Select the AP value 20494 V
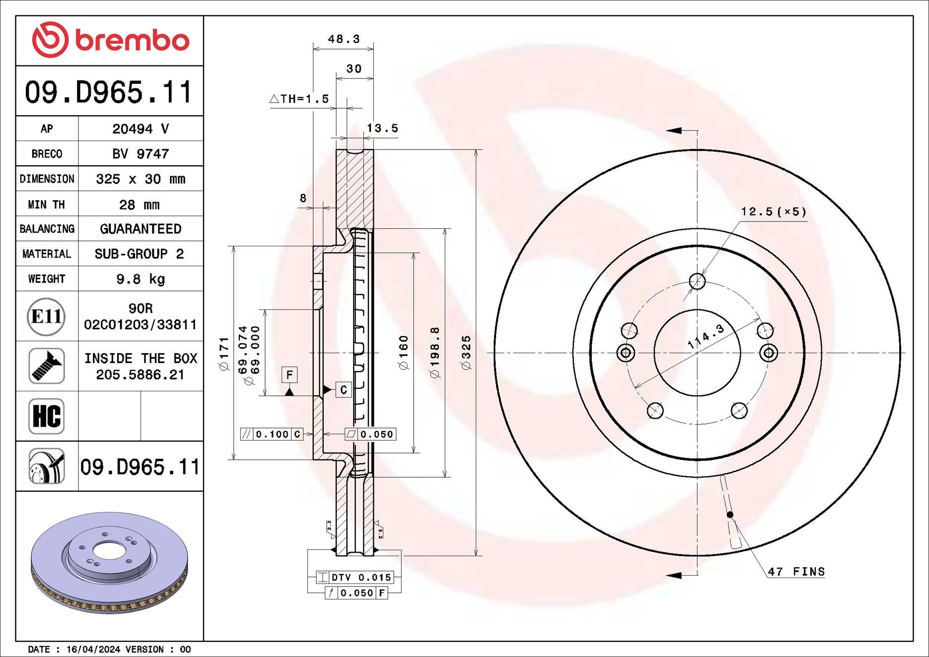click(141, 129)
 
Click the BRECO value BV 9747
click(141, 154)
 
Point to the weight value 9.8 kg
click(141, 279)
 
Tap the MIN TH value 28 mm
click(141, 205)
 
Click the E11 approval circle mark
click(46, 316)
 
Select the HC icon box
click(46, 416)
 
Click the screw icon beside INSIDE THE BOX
click(46, 366)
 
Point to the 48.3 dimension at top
click(344, 39)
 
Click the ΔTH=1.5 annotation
click(299, 99)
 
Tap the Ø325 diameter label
click(466, 353)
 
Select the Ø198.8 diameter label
click(435, 353)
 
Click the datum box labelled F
click(289, 374)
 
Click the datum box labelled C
click(344, 390)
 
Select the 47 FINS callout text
click(796, 572)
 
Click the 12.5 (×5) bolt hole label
click(774, 212)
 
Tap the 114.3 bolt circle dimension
click(706, 337)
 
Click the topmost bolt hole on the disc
click(697, 282)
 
